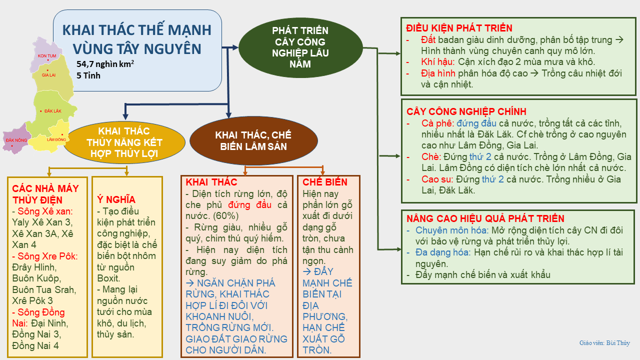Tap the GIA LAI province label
coord(49,75)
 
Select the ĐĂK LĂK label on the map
coord(52,110)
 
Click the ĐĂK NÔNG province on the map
coord(16,140)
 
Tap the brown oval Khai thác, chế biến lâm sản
coord(253,141)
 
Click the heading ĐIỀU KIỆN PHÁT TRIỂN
coord(459,28)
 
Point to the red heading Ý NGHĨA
coord(115,199)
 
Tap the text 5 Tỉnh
coord(88,75)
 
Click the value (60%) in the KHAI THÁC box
coord(226,216)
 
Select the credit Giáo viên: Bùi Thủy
coord(604,343)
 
